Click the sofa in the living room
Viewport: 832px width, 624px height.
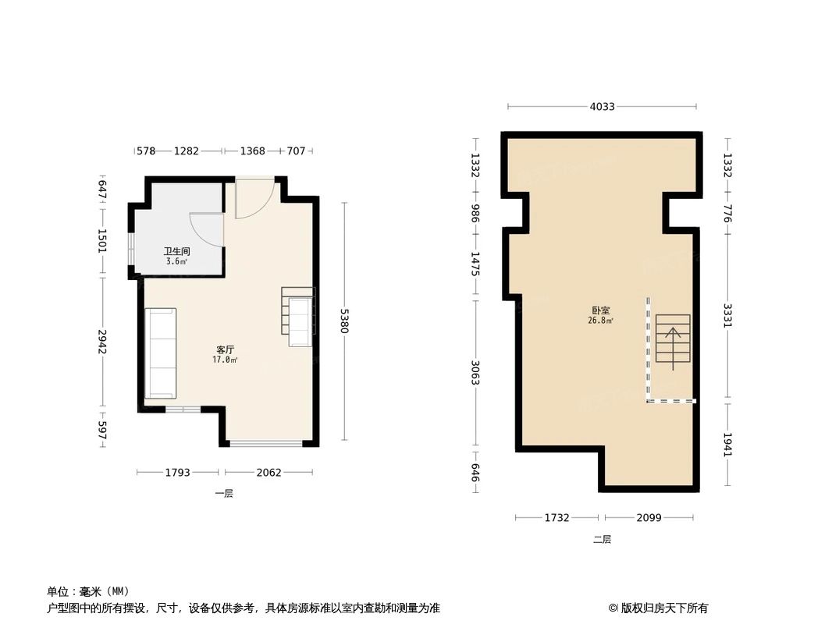(x=161, y=353)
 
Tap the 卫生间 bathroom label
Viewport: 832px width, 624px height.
(x=177, y=252)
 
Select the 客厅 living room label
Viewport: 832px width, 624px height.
(x=226, y=349)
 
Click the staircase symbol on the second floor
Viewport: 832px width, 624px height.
(x=673, y=342)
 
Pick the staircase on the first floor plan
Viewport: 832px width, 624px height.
(x=298, y=317)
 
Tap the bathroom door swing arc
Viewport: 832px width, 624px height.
(x=207, y=230)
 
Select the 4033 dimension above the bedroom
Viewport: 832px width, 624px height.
(x=602, y=107)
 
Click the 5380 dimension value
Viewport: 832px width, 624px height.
(x=344, y=321)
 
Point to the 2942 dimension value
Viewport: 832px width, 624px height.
(x=101, y=341)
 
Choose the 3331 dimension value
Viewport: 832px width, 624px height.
(x=727, y=316)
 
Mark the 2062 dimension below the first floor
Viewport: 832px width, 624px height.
(x=269, y=472)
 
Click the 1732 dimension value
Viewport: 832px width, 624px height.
(x=557, y=517)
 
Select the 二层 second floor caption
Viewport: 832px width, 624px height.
(x=602, y=539)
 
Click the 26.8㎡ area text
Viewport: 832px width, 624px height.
(x=600, y=321)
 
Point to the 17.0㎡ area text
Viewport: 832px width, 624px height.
(x=226, y=360)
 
